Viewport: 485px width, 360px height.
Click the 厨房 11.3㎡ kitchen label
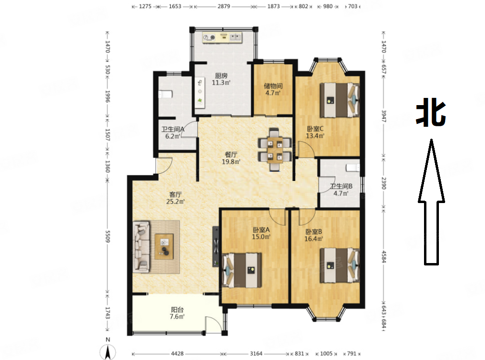(x=221, y=79)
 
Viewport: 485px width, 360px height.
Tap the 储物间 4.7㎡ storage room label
(x=273, y=89)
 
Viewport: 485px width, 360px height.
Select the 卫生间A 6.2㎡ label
(x=172, y=132)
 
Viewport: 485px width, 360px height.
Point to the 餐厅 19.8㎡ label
(x=231, y=158)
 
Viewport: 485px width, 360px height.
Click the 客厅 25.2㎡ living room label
(x=175, y=198)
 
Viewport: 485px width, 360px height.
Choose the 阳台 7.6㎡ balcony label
(x=177, y=313)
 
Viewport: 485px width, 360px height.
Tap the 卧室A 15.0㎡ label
(x=261, y=233)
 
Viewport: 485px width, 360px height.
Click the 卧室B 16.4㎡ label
(x=314, y=235)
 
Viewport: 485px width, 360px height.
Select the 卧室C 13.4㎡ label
(x=315, y=132)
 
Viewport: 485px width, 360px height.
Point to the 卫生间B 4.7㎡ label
(x=341, y=190)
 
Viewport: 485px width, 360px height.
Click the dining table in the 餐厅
(x=275, y=149)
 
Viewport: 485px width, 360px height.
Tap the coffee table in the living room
(x=164, y=247)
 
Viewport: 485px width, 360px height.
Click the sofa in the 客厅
(x=141, y=247)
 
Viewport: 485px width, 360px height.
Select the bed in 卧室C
(x=339, y=100)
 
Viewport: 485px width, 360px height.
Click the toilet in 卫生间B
(x=353, y=168)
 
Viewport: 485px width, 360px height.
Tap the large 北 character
(x=431, y=112)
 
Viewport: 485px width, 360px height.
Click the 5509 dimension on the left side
(x=108, y=236)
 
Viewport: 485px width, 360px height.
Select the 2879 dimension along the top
(x=224, y=6)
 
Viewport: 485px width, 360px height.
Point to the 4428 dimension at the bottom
(x=177, y=353)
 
